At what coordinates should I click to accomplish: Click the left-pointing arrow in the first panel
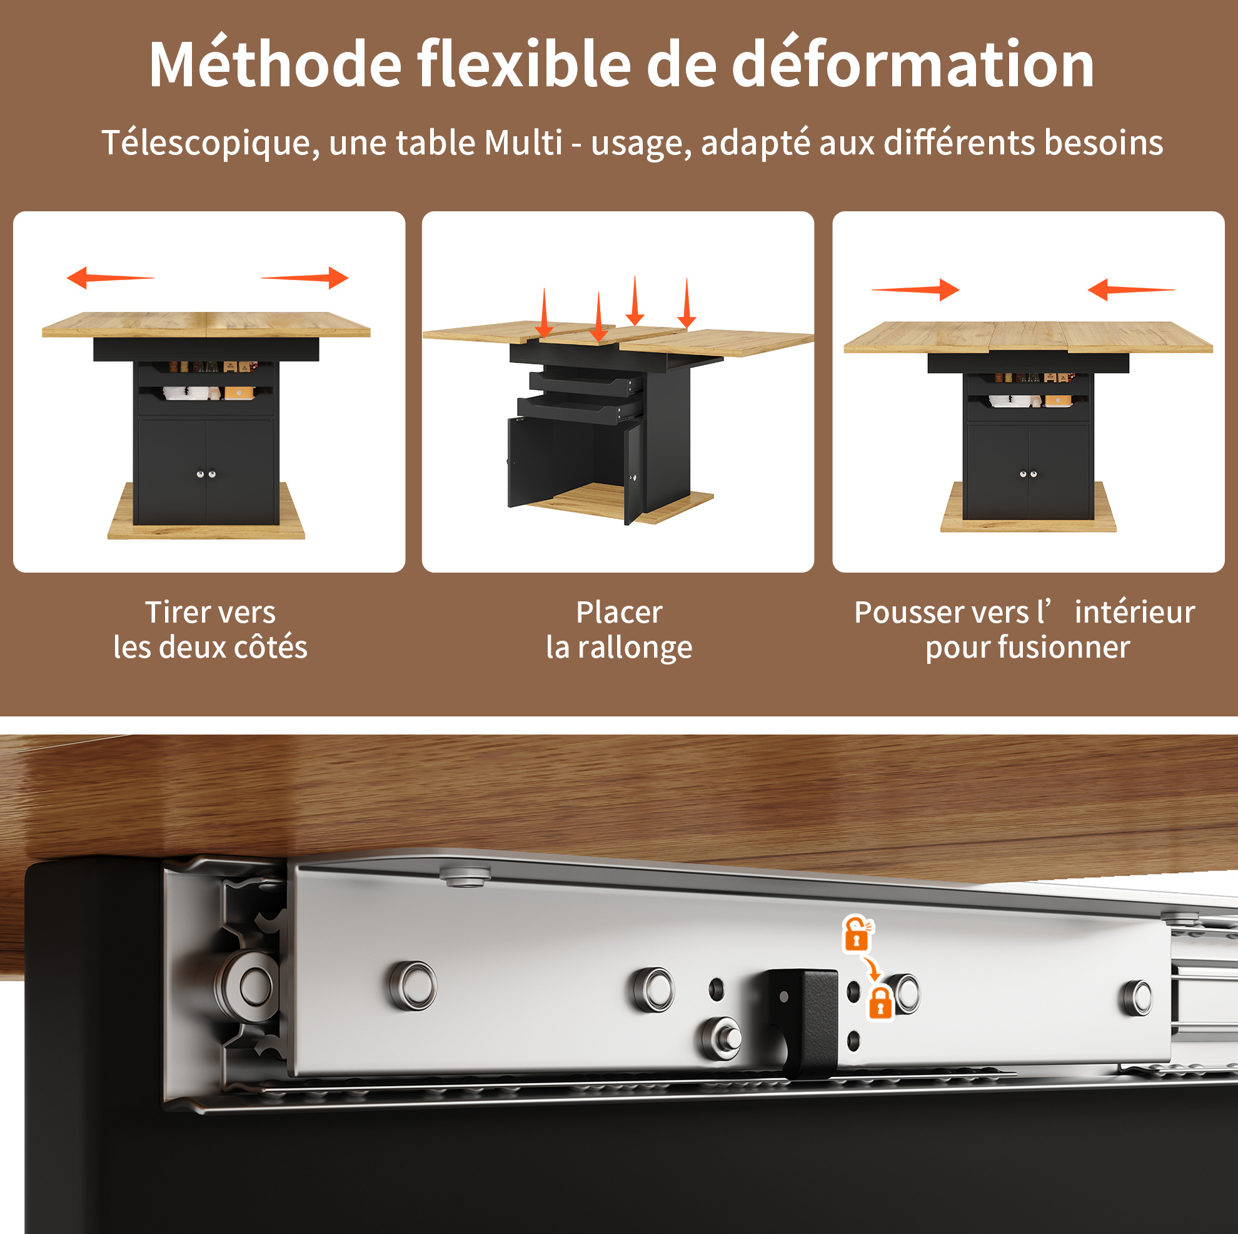pyautogui.click(x=110, y=278)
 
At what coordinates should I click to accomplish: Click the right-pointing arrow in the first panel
pyautogui.click(x=304, y=278)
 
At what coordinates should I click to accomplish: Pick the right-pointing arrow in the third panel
pyautogui.click(x=915, y=289)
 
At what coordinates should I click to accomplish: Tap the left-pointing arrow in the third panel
pyautogui.click(x=1131, y=289)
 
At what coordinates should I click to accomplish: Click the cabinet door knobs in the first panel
pyautogui.click(x=206, y=474)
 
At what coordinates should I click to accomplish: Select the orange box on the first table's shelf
pyautogui.click(x=239, y=392)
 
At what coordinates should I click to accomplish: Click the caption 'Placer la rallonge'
pyautogui.click(x=619, y=629)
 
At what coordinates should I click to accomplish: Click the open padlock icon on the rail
pyautogui.click(x=857, y=933)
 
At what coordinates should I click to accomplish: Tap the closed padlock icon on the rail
pyautogui.click(x=880, y=1003)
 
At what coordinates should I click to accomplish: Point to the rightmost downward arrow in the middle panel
pyautogui.click(x=687, y=303)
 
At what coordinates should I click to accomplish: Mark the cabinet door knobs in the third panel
pyautogui.click(x=1028, y=474)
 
